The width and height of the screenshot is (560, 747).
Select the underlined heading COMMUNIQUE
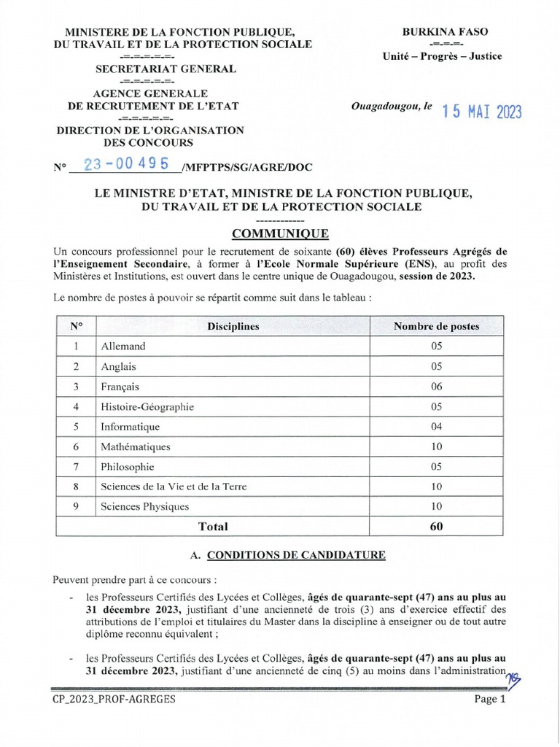click(x=280, y=233)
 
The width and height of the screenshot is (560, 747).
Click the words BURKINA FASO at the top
click(x=446, y=31)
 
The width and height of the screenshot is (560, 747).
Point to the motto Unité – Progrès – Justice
click(x=443, y=57)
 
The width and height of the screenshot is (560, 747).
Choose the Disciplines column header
click(x=233, y=326)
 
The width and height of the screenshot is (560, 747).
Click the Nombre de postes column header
click(x=436, y=326)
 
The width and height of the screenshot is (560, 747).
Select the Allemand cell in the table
click(x=123, y=347)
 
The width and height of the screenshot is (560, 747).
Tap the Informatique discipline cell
click(x=130, y=427)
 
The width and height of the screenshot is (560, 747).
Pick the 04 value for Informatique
click(x=436, y=427)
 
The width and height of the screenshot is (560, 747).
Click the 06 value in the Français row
click(x=436, y=387)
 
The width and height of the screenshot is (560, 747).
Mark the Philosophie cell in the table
click(x=128, y=467)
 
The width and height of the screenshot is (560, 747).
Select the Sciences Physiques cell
click(x=144, y=506)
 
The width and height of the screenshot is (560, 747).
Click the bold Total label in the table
click(x=213, y=526)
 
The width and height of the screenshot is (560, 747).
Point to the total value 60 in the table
click(x=436, y=526)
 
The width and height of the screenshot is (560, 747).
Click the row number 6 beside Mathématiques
click(x=76, y=446)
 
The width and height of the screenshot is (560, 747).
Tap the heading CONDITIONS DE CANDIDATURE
click(x=296, y=555)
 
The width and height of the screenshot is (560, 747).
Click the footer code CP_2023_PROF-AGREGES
click(x=114, y=699)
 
